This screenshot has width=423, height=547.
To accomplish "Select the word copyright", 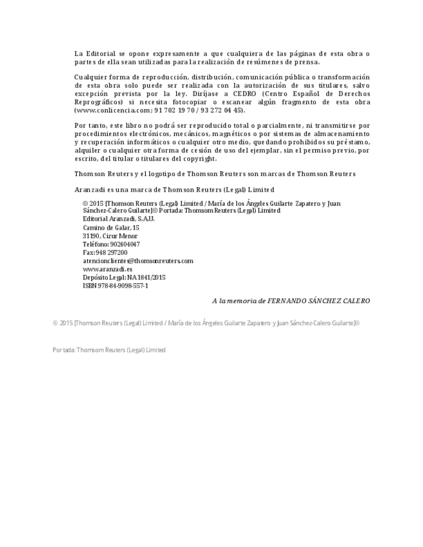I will point(199,159).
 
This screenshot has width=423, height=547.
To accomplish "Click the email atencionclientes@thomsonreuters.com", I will point(138,261).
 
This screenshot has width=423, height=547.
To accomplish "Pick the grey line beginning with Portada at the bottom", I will point(109,350).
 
